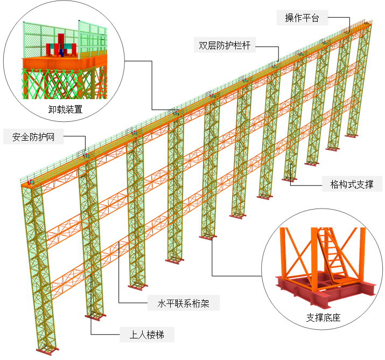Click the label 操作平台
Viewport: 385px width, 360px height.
[x=302, y=18]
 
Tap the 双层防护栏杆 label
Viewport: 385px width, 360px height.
[x=225, y=45]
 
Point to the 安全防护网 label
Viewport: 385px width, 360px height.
[x=33, y=136]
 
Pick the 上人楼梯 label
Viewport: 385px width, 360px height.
[x=146, y=335]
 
